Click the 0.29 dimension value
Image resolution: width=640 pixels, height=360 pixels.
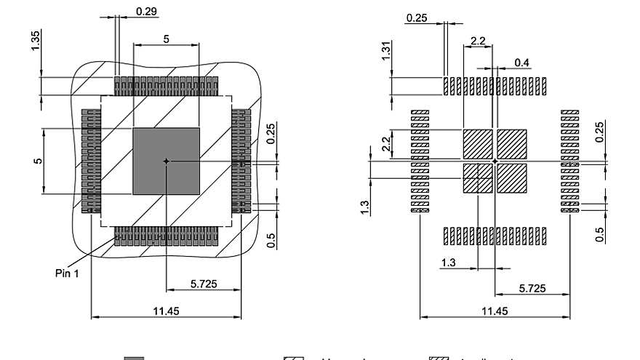tap(147, 11)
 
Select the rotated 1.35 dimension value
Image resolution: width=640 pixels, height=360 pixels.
tap(36, 41)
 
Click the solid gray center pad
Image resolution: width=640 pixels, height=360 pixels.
tap(166, 161)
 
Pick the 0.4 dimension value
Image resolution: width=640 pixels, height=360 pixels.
tap(521, 63)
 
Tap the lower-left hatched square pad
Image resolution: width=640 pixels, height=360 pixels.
tap(477, 178)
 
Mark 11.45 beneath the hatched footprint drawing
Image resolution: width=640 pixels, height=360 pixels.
tap(494, 311)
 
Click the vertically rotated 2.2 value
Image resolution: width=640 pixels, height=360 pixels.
tap(386, 143)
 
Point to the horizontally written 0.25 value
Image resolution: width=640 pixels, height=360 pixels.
tap(417, 18)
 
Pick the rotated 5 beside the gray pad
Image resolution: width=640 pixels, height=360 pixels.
tap(36, 161)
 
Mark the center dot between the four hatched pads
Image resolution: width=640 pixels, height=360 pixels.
tap(495, 161)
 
